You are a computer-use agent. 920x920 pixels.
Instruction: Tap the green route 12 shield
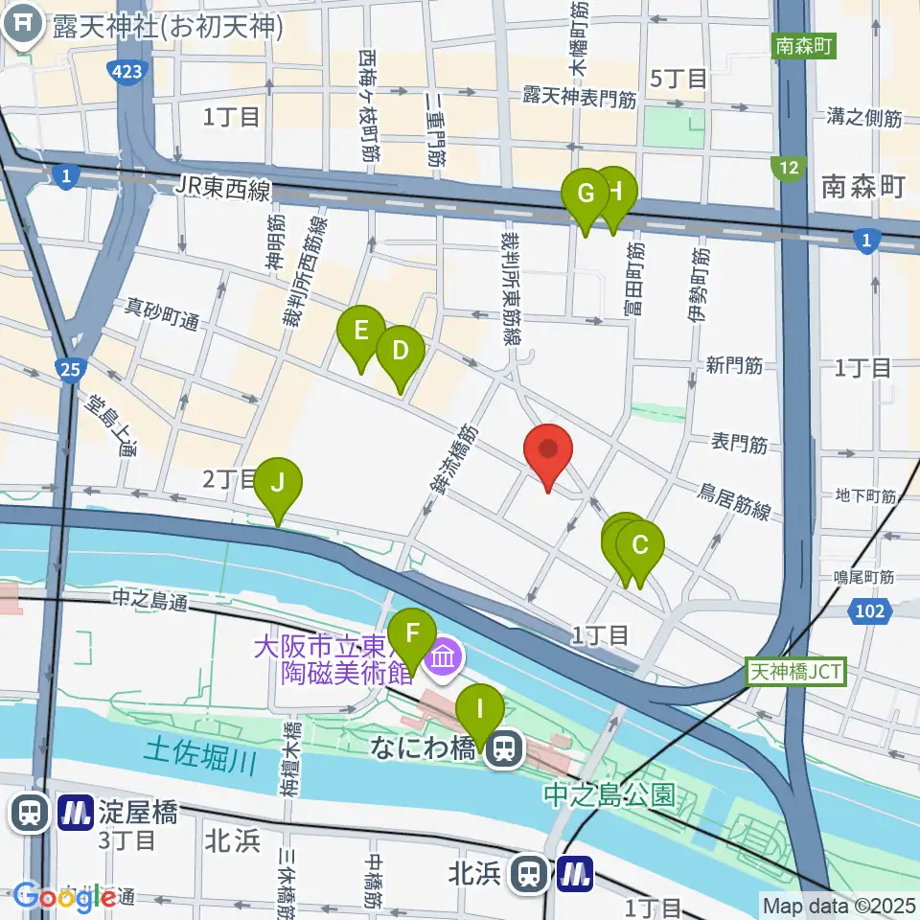788,169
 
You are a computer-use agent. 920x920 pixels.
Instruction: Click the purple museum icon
443,658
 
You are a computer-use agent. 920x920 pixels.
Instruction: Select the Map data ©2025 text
839,905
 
